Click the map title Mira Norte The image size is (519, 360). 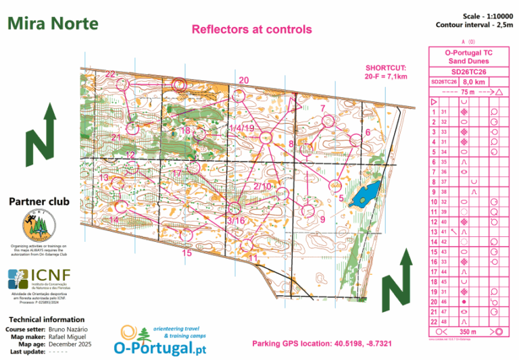(53, 24)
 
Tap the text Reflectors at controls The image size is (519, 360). (251, 29)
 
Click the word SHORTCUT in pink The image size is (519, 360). (385, 68)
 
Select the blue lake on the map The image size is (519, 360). (366, 194)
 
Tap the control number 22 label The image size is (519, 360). (110, 74)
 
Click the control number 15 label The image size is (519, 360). (187, 253)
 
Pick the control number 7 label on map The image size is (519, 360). (323, 108)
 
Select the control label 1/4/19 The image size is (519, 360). (241, 128)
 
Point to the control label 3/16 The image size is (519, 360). (236, 221)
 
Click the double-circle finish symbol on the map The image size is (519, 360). (179, 84)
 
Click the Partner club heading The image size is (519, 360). (39, 201)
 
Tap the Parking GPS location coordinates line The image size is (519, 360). (322, 344)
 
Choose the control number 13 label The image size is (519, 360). (103, 178)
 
